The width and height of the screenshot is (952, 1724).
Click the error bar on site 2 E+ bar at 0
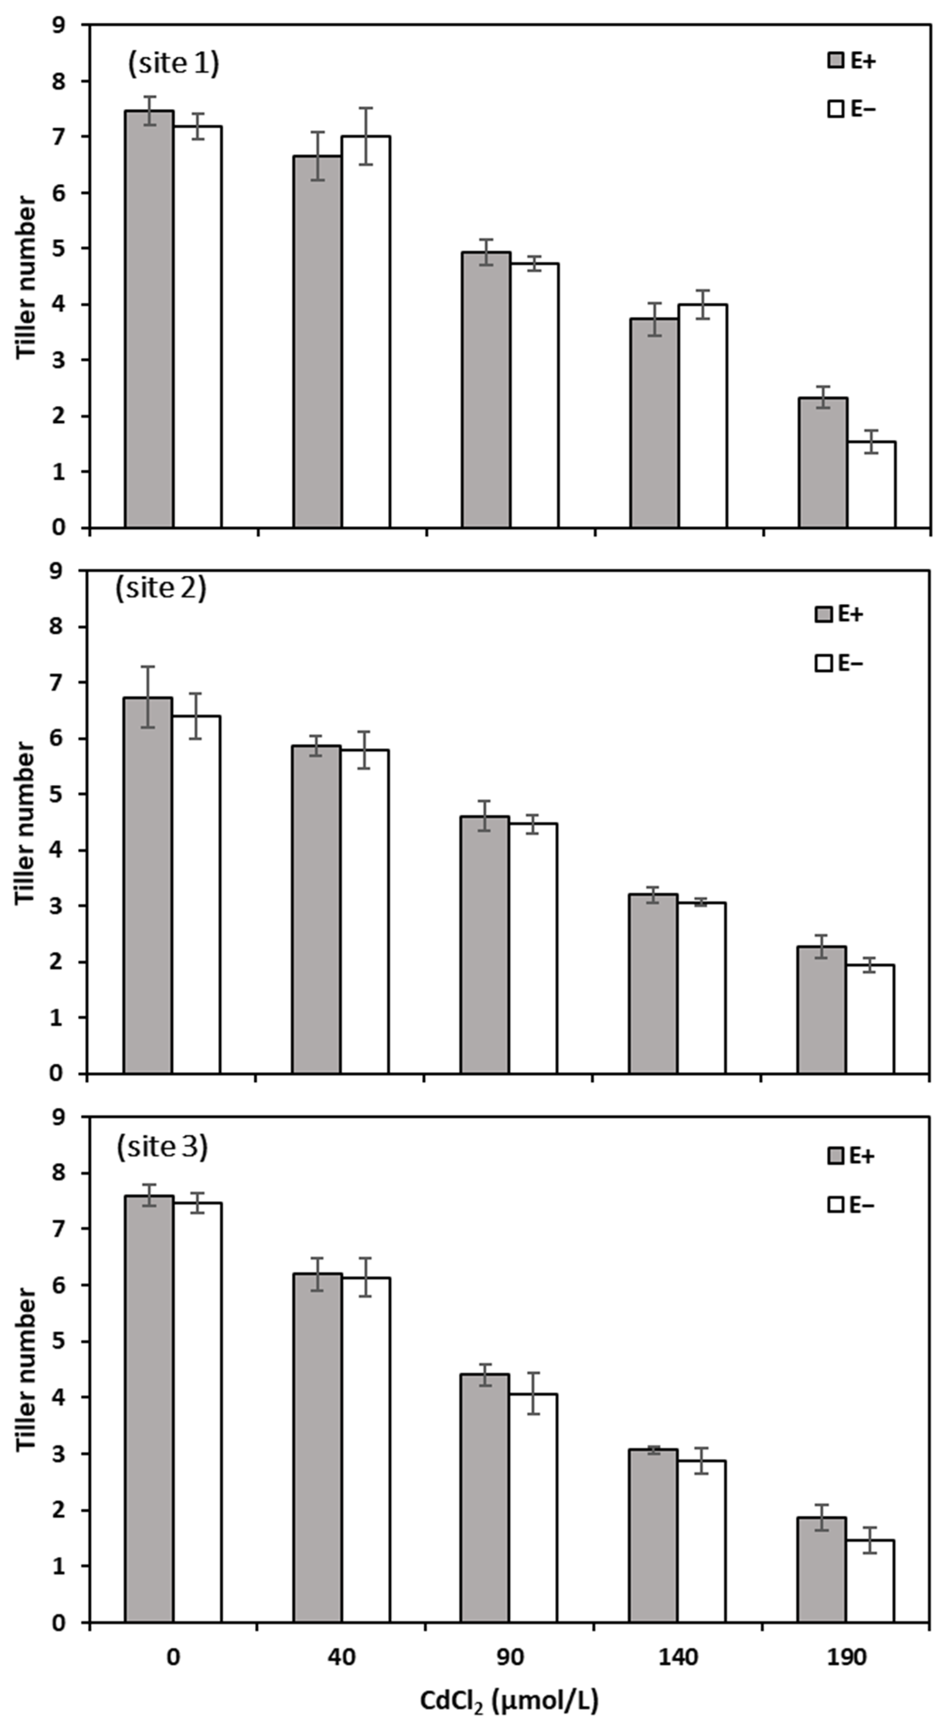(148, 697)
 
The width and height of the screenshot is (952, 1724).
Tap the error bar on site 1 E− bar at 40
(366, 136)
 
